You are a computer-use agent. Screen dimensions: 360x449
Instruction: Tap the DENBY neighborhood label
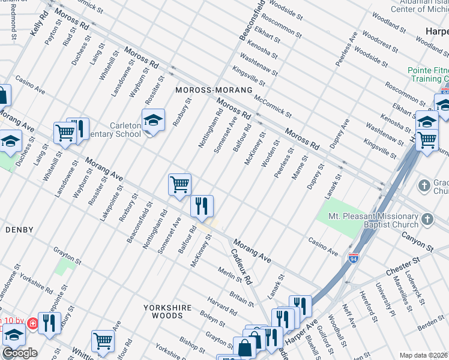tap(19, 230)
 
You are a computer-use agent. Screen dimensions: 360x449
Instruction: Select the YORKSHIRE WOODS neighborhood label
tap(167, 311)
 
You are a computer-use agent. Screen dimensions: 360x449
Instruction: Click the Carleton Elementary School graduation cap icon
tap(154, 121)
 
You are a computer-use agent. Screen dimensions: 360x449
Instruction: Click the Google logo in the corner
tap(20, 353)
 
